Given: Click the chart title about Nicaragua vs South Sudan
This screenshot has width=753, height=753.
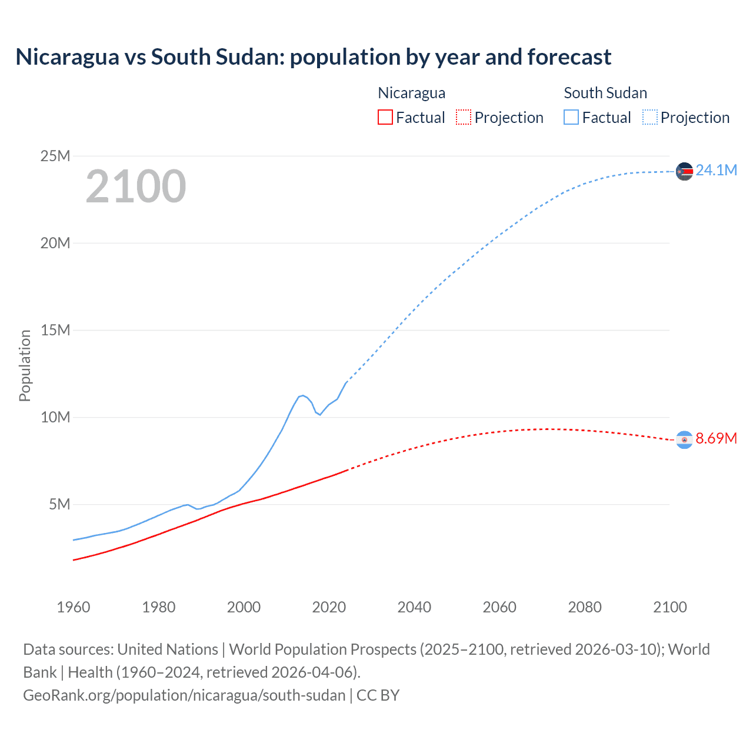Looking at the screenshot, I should pyautogui.click(x=313, y=57).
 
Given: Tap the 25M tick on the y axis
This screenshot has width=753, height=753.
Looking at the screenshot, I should pyautogui.click(x=55, y=156).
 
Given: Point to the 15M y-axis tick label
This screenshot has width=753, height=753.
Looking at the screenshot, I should pyautogui.click(x=55, y=330).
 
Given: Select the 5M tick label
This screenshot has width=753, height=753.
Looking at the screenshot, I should pyautogui.click(x=59, y=504).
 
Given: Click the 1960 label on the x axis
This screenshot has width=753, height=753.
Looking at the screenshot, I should pyautogui.click(x=74, y=607).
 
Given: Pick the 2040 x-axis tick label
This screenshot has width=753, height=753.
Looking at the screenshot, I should pyautogui.click(x=414, y=607).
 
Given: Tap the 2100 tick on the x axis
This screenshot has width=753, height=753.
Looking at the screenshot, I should pyautogui.click(x=669, y=607).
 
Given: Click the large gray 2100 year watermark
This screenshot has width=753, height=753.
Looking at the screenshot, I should pyautogui.click(x=136, y=186).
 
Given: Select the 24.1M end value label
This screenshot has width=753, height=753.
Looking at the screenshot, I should pyautogui.click(x=716, y=170).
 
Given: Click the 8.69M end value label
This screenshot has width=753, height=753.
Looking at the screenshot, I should pyautogui.click(x=716, y=438).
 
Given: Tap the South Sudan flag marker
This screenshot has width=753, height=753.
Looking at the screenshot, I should pyautogui.click(x=684, y=171).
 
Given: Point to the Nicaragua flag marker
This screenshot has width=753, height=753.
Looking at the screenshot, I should pyautogui.click(x=684, y=439).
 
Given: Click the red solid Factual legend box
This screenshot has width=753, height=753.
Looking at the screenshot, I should pyautogui.click(x=385, y=117).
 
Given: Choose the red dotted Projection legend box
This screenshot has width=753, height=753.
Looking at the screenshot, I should pyautogui.click(x=464, y=117).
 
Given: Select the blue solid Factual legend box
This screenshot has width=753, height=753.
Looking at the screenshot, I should pyautogui.click(x=571, y=117).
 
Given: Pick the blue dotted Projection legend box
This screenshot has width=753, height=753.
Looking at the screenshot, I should pyautogui.click(x=650, y=117).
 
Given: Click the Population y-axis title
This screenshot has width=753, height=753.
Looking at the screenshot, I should pyautogui.click(x=25, y=365).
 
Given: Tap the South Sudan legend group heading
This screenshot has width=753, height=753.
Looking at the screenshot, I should pyautogui.click(x=605, y=93).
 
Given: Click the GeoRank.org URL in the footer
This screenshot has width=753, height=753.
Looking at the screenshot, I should pyautogui.click(x=184, y=695).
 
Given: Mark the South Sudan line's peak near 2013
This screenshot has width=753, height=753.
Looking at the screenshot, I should pyautogui.click(x=302, y=395).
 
